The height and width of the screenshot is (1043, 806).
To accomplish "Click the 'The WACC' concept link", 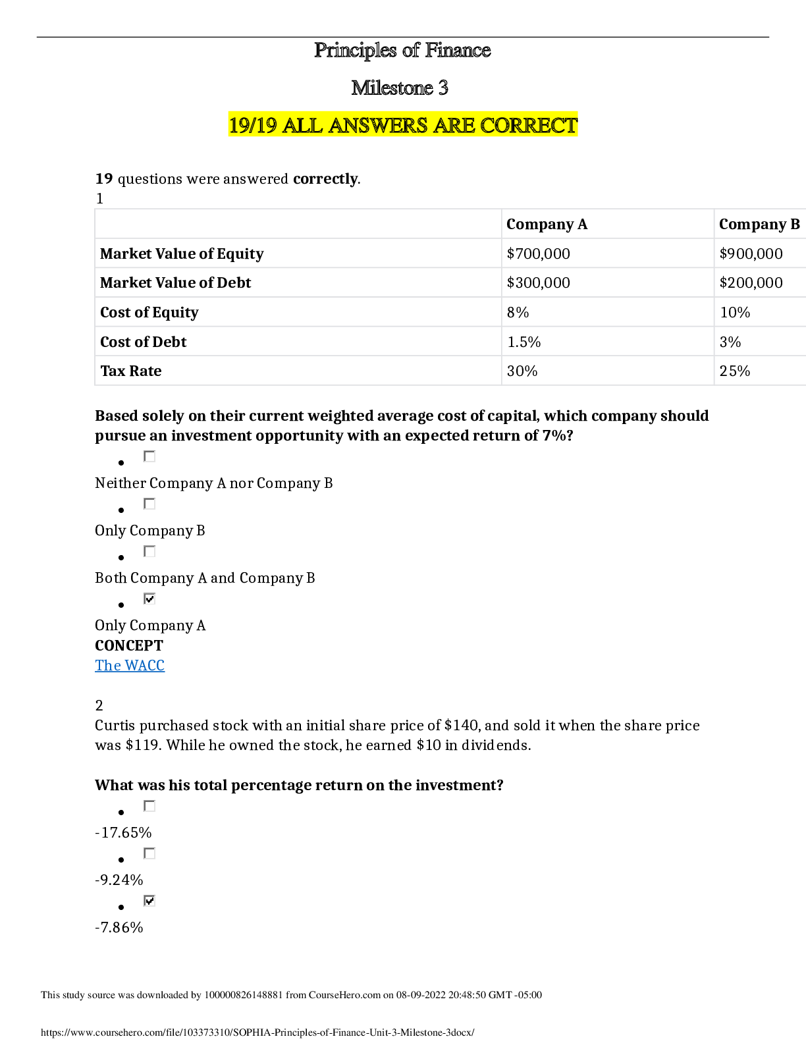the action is point(130,665).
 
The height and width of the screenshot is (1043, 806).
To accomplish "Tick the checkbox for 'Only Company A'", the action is point(149,599).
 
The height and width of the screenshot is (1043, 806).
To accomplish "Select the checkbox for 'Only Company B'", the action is point(149,504).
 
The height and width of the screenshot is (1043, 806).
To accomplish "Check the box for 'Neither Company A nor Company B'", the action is point(149,456).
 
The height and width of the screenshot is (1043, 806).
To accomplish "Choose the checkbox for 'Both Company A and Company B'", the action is point(149,551).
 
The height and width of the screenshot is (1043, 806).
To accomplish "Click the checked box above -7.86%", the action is point(149,901).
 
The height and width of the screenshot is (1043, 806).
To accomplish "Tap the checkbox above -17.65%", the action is point(149,806).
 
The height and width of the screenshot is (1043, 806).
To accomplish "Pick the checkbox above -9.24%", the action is point(149,853).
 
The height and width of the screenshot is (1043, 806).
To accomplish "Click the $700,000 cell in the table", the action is point(538,254).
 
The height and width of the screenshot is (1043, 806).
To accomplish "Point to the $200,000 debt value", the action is point(751,282).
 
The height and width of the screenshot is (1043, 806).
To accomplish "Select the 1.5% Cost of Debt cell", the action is point(524,342).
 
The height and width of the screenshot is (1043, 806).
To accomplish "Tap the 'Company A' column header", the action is point(547,224).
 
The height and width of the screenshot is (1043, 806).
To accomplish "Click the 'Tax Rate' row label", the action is point(130,371).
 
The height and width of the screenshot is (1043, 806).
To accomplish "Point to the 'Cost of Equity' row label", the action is point(149,313).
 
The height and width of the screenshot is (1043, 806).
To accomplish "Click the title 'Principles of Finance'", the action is point(402,51).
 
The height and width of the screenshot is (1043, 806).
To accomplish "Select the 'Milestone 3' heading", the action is point(400,88).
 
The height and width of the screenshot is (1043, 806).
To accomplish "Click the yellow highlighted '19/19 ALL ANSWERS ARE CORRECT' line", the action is point(403,125).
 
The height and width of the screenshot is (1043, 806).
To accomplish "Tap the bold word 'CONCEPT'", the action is point(128,645).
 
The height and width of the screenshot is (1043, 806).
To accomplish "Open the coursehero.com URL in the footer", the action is point(257,1032).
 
